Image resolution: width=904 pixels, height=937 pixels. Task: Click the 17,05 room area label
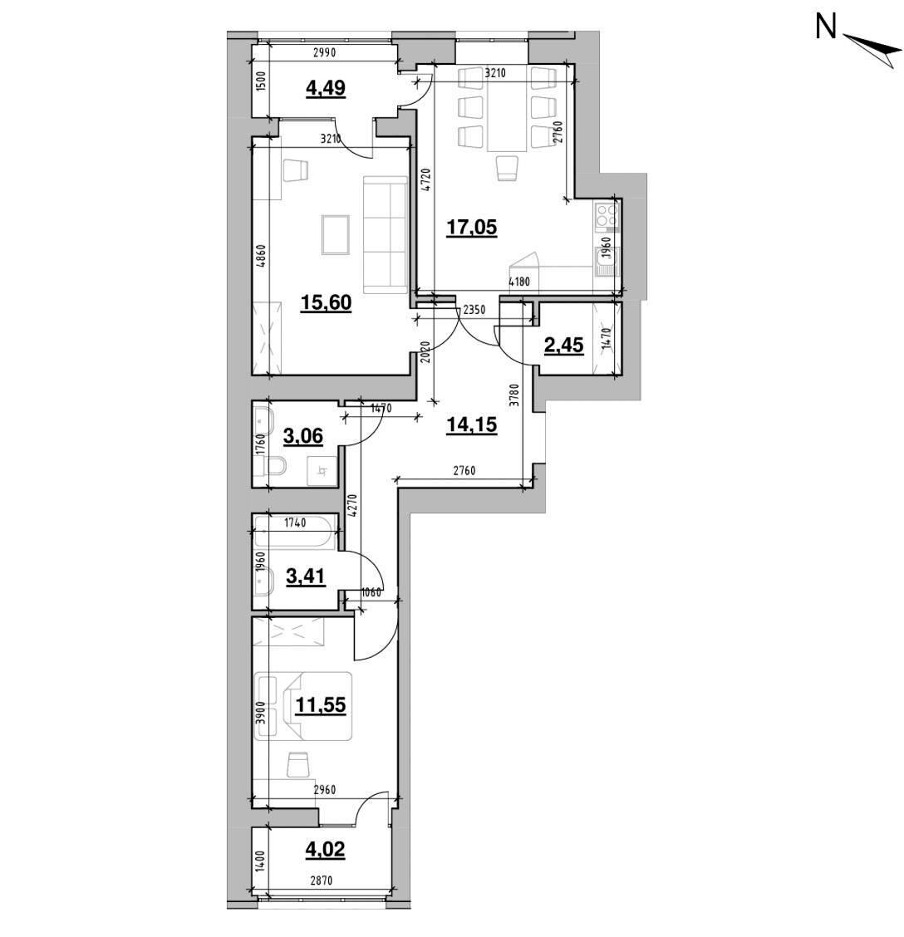click(472, 227)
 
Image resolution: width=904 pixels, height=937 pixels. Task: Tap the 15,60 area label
click(326, 303)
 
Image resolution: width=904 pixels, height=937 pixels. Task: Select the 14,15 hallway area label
click(472, 424)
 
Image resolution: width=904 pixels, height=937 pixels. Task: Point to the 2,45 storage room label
click(563, 345)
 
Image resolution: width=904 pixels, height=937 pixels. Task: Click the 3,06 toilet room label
click(302, 436)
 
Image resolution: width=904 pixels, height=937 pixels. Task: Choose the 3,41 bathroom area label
click(306, 576)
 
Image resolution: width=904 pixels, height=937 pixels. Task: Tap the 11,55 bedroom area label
click(321, 705)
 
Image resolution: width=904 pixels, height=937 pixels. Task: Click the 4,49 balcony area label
click(325, 88)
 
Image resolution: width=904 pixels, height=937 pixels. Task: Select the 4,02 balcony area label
click(325, 849)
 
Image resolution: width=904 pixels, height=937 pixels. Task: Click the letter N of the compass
click(826, 27)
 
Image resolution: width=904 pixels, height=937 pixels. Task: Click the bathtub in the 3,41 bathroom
click(293, 532)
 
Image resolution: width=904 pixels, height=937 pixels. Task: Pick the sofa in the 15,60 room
click(385, 235)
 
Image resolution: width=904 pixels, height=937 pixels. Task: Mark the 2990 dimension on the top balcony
click(325, 52)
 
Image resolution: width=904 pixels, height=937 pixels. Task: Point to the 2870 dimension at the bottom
click(321, 881)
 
